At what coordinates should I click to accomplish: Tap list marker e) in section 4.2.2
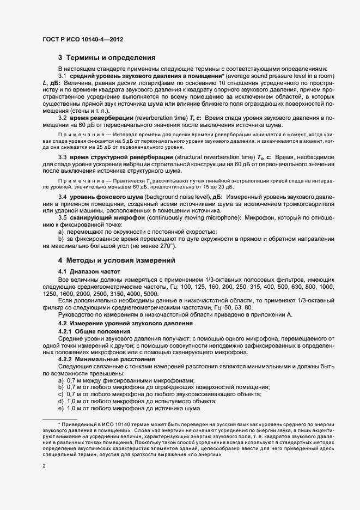[61, 408]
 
